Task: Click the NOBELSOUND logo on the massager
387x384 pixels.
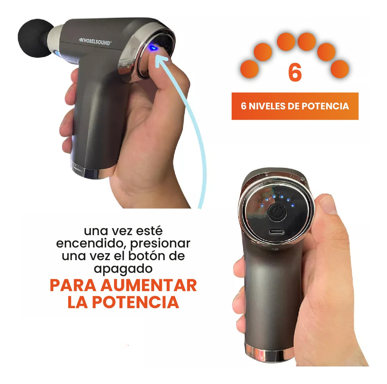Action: click(95, 41)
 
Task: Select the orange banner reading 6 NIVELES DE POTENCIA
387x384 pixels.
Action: click(295, 106)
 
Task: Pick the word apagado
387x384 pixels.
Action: click(123, 268)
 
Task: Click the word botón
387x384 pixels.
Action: click(143, 256)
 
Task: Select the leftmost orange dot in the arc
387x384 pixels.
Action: click(249, 68)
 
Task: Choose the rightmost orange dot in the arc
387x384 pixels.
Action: click(340, 68)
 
